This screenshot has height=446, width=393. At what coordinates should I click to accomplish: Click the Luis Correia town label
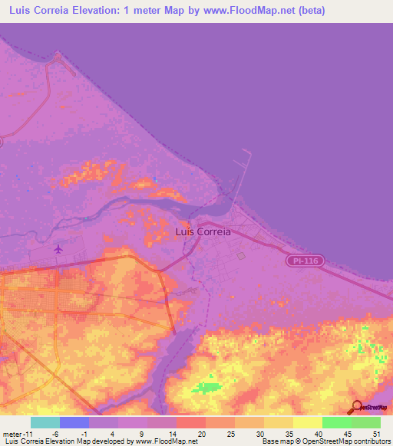[x=203, y=231]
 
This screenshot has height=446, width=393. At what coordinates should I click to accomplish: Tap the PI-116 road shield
[x=307, y=261]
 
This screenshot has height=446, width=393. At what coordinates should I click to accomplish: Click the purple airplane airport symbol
[x=58, y=249]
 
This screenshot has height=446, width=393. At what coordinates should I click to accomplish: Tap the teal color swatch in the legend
[x=45, y=422]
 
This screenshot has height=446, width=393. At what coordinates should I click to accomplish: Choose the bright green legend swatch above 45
[x=336, y=422]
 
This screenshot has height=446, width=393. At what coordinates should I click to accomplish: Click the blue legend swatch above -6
[x=74, y=422]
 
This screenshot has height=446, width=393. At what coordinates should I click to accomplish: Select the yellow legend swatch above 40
[x=307, y=422]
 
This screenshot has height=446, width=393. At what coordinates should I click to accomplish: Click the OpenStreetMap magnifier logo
[x=355, y=407]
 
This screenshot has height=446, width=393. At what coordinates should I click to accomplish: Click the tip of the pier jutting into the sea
[x=248, y=150]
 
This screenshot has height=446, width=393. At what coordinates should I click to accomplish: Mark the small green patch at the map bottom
[x=204, y=387]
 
